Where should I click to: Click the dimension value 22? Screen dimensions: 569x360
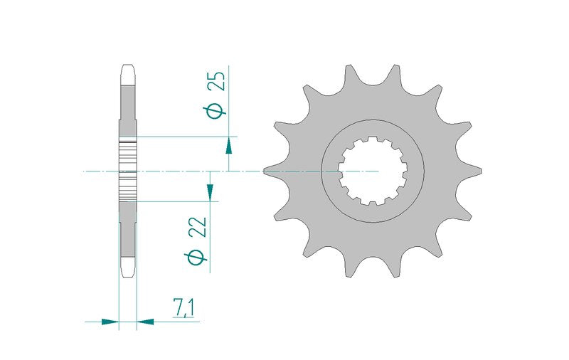click(200, 227)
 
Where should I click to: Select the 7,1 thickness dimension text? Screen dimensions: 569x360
click(184, 308)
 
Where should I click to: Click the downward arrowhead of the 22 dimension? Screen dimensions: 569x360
click(210, 192)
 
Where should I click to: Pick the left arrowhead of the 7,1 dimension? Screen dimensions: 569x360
click(110, 322)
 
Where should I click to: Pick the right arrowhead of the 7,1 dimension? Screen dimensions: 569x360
click(145, 322)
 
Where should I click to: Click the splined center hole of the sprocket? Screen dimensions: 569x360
click(373, 171)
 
